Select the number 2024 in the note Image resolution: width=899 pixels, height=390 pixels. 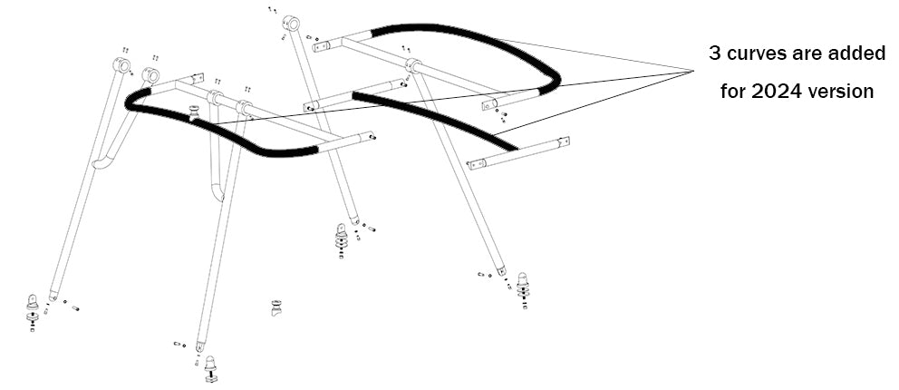click(x=786, y=92)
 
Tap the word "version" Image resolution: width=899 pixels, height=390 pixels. click(x=844, y=92)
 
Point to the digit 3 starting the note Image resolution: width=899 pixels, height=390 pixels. click(x=715, y=54)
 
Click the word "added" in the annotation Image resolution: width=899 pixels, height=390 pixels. click(x=856, y=54)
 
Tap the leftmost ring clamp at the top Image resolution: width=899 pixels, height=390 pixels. click(x=122, y=64)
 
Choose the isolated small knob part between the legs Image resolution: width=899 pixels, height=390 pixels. click(x=275, y=307)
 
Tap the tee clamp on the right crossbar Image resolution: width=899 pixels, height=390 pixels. click(x=413, y=65)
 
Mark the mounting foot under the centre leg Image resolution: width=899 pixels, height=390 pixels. click(x=342, y=239)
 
